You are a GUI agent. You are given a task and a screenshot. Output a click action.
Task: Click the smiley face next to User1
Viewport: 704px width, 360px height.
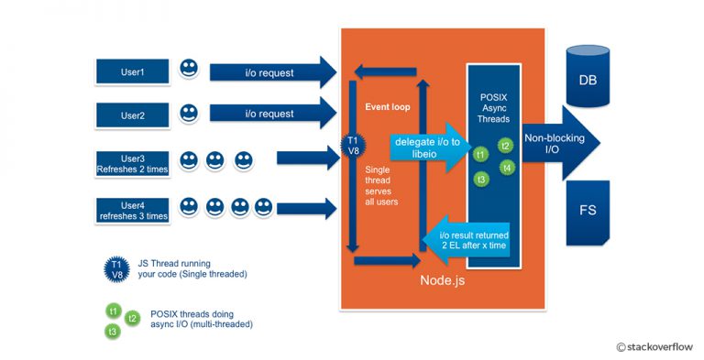coord(188,69)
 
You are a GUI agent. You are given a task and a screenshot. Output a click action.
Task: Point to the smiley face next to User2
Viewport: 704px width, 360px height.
coord(188,113)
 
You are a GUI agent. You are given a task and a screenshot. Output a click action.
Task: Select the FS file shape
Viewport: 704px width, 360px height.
coord(587,211)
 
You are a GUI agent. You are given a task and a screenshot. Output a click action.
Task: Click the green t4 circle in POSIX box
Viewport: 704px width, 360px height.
coord(507,167)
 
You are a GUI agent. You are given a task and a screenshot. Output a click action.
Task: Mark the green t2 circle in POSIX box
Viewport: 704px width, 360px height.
coord(505,145)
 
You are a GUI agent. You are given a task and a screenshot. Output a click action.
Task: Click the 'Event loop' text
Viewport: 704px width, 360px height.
coord(386,106)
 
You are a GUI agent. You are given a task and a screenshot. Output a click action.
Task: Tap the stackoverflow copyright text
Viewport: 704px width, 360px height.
coord(654,346)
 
